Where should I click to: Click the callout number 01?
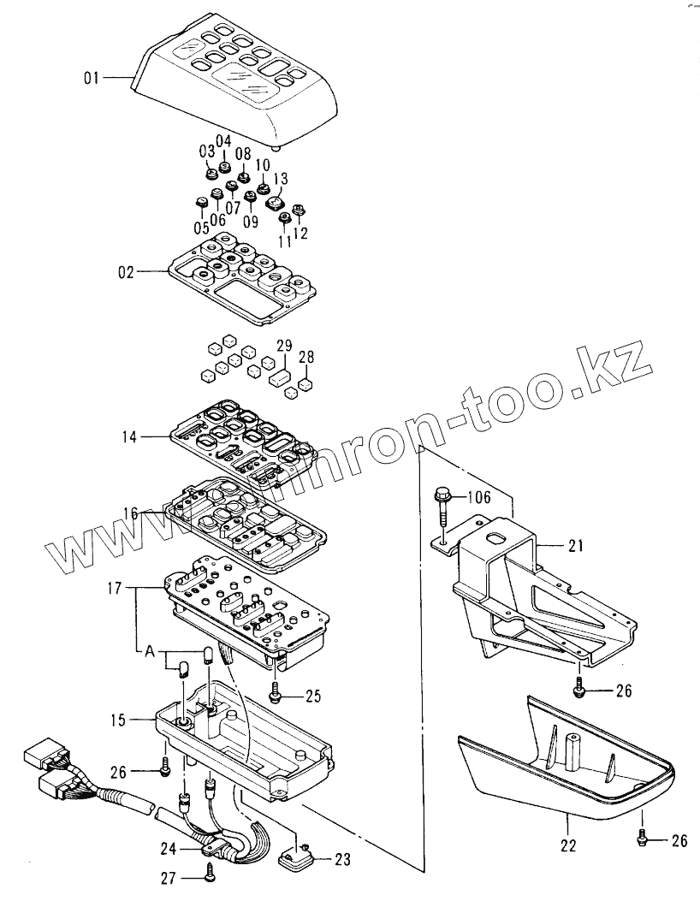click(92, 78)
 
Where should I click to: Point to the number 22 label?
click(568, 845)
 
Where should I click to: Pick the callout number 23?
click(342, 859)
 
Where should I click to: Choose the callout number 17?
click(116, 589)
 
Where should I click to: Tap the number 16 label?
click(130, 513)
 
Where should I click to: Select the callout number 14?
click(129, 437)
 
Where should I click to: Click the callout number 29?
click(284, 346)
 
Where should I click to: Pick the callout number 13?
click(281, 178)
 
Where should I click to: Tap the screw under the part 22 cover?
click(642, 838)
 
